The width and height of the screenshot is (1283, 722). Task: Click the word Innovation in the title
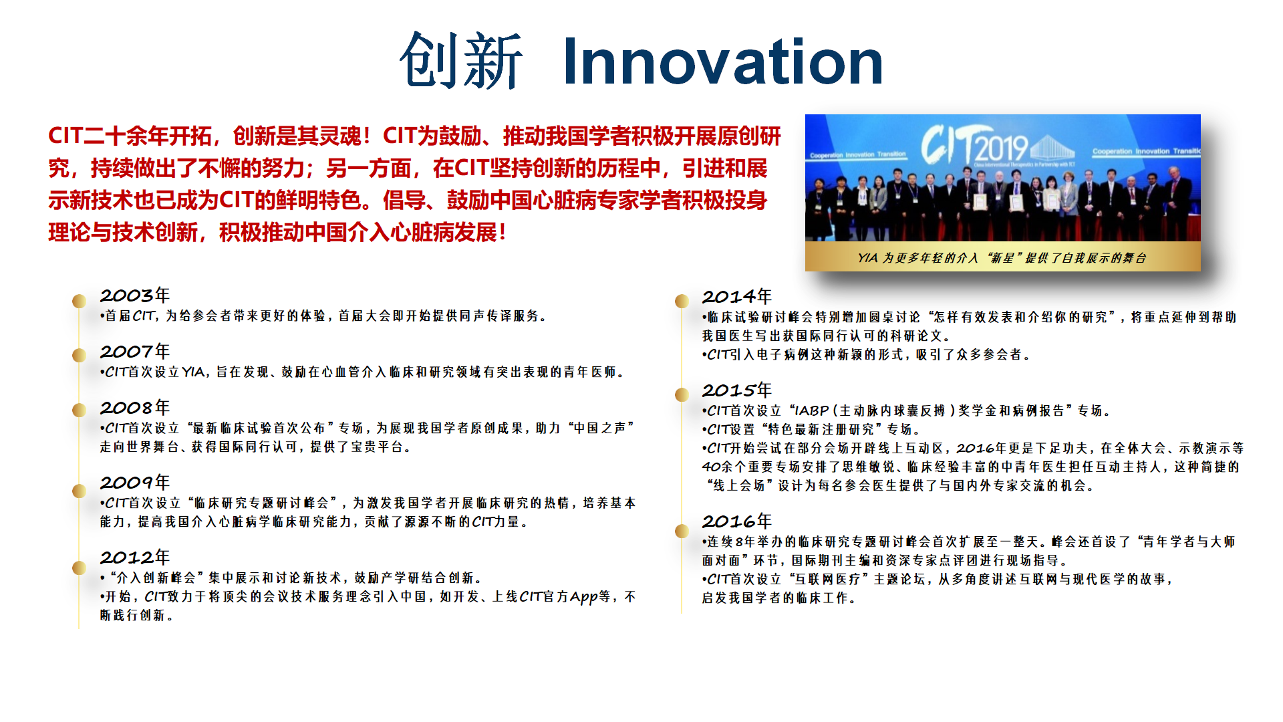[723, 62]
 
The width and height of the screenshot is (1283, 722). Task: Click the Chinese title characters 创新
[461, 62]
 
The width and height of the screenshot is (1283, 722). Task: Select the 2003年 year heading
[135, 295]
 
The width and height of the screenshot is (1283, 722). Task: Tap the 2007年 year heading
[135, 351]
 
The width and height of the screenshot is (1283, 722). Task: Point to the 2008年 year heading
[135, 407]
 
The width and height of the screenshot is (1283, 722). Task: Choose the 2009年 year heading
[135, 482]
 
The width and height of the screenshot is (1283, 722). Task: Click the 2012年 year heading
[135, 557]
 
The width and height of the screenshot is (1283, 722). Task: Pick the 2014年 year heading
[736, 296]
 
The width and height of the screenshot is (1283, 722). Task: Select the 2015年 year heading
[736, 390]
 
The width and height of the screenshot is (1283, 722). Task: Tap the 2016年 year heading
[736, 521]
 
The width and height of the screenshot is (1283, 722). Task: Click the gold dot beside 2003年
[79, 301]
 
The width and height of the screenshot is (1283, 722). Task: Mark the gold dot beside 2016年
[682, 531]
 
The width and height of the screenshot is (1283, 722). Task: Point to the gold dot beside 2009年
[79, 491]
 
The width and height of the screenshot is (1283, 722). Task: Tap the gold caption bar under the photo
[1002, 257]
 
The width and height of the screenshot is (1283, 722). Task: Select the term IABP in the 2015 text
[811, 410]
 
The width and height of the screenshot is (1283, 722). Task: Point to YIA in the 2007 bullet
[193, 372]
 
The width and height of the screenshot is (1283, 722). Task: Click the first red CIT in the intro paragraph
[65, 136]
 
